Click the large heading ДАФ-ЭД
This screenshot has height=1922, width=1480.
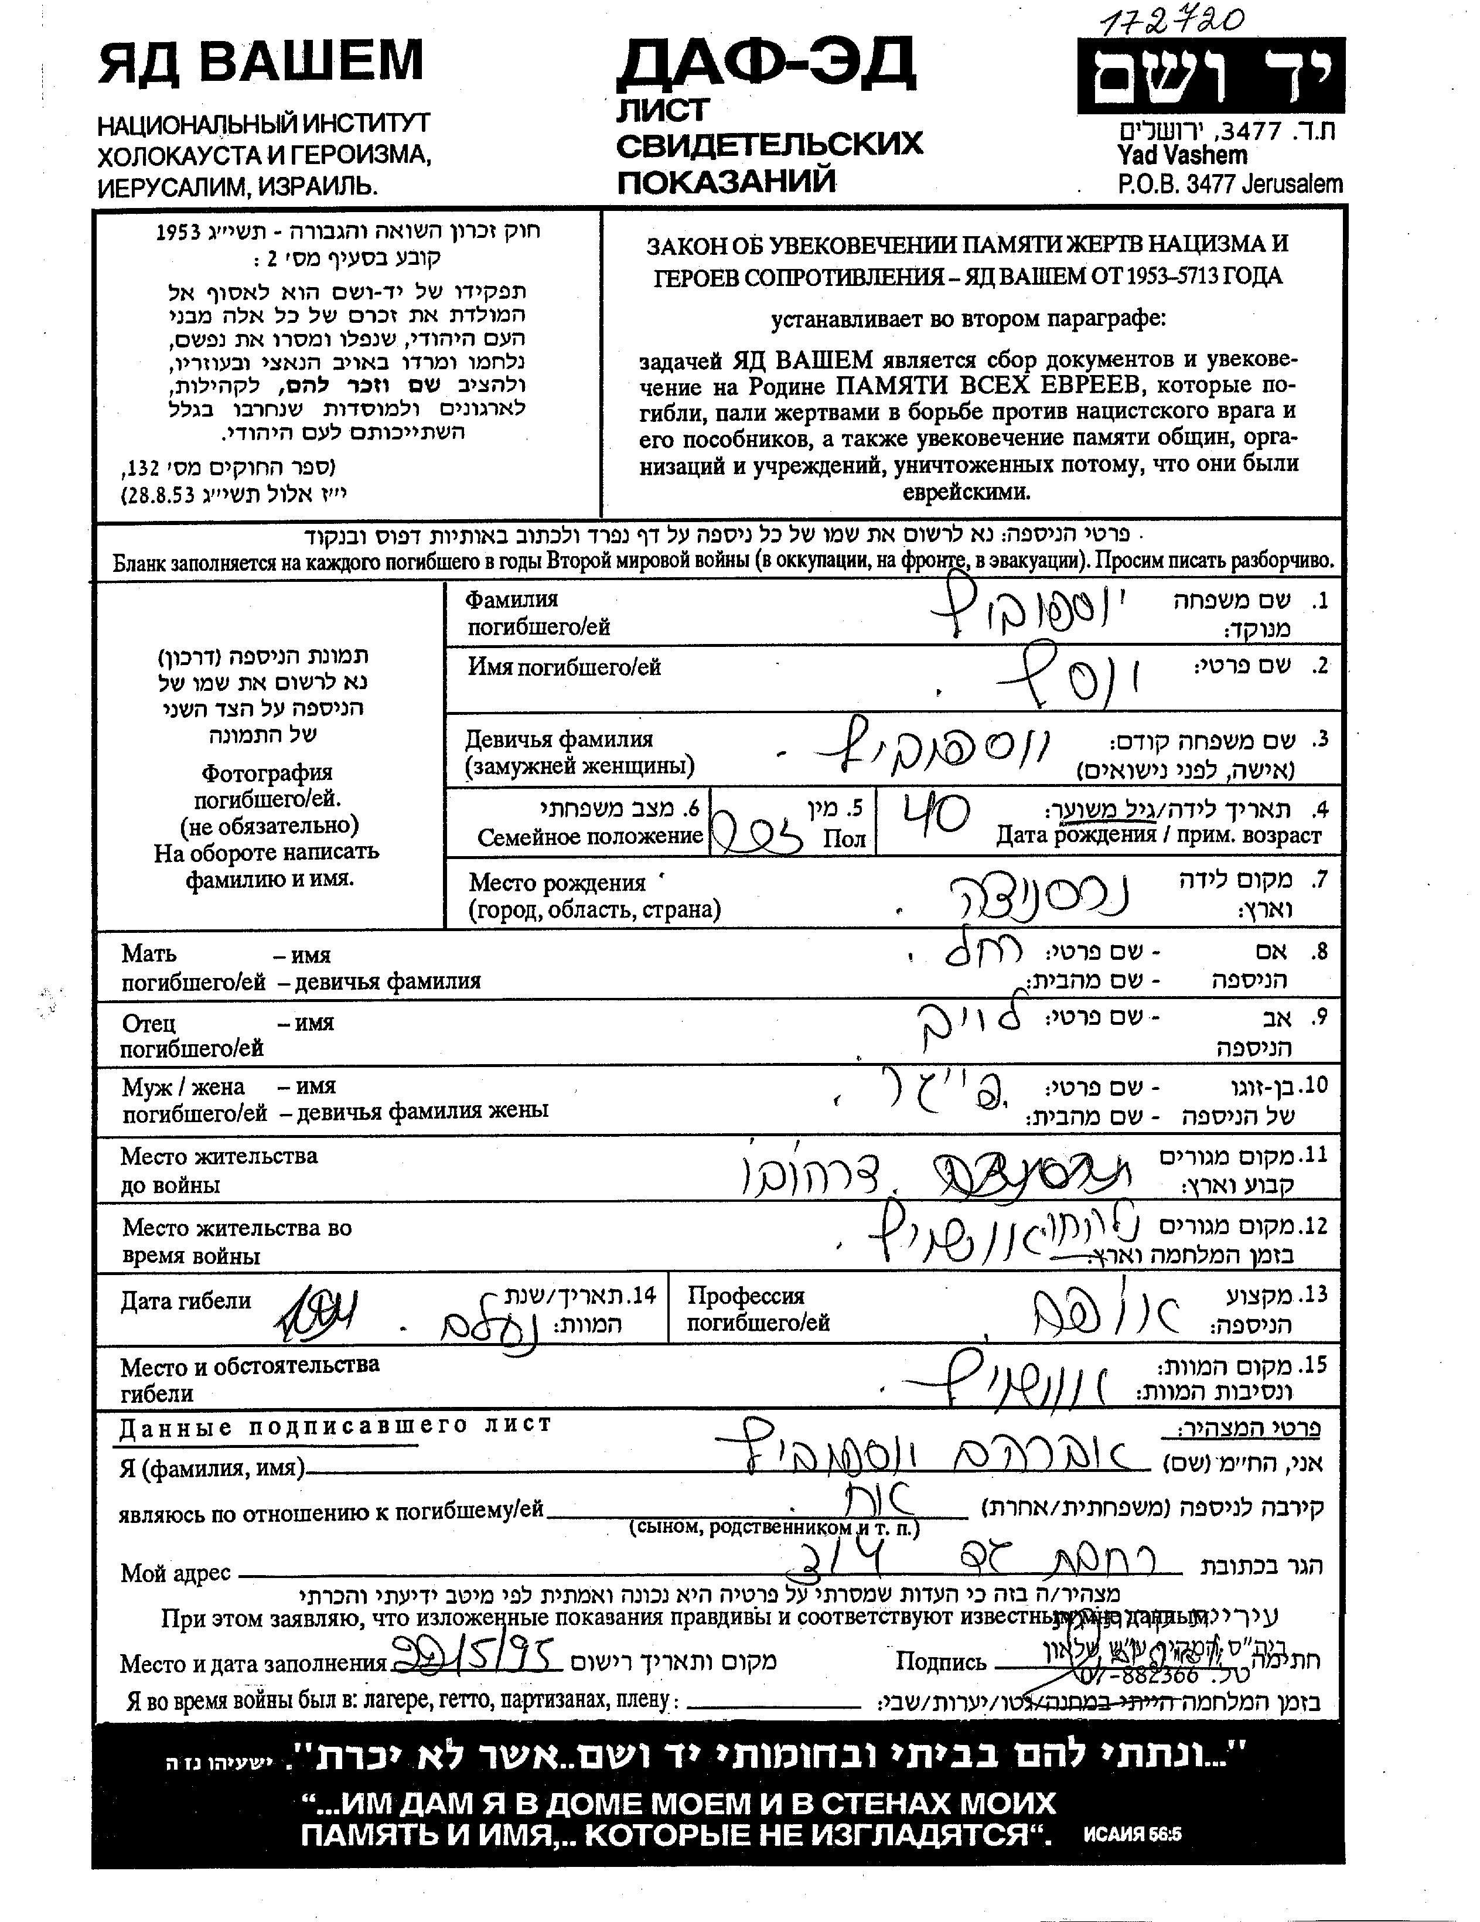(766, 64)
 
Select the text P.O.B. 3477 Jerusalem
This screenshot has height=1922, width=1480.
(1229, 185)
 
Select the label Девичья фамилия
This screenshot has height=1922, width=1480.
(560, 740)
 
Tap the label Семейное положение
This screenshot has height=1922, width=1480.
(589, 836)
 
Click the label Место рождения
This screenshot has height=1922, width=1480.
(557, 882)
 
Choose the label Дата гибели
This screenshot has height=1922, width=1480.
(186, 1301)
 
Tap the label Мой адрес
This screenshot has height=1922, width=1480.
(175, 1573)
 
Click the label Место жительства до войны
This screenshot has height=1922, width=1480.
(219, 1170)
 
